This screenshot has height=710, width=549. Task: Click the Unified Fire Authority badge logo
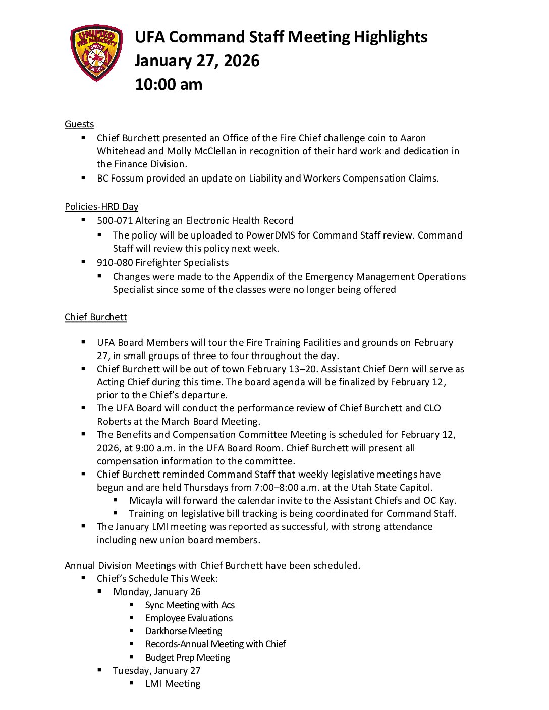pos(96,53)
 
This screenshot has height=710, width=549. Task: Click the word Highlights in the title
pos(391,37)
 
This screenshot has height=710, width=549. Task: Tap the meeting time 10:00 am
pos(169,84)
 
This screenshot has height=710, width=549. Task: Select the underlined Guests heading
pos(79,124)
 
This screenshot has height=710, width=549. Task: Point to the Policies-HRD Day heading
pos(101,207)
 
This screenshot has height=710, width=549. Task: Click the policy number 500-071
pos(115,221)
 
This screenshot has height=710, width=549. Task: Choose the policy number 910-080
pos(115,263)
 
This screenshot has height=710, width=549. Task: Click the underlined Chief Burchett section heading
pos(96,317)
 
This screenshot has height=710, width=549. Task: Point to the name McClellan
pos(208,151)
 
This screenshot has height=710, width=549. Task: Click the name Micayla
pos(147,501)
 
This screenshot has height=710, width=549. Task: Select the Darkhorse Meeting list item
pos(184,631)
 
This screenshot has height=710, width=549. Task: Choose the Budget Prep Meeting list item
pos(188,658)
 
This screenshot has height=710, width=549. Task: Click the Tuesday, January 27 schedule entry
pos(156,671)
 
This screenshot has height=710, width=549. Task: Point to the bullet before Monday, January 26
pos(100,591)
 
